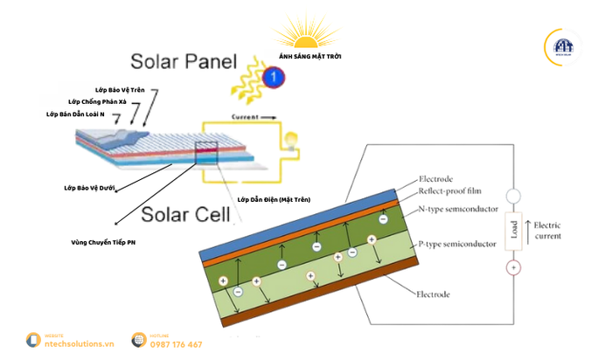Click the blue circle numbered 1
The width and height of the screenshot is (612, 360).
coord(275,78)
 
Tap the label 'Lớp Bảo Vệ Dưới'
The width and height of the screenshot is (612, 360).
coord(90,187)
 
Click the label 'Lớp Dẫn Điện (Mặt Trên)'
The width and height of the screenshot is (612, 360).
coord(274,199)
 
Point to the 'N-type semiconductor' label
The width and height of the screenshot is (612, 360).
coord(459,210)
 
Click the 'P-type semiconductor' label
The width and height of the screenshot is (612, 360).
coord(458,245)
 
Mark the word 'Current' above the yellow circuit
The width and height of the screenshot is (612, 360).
coord(247,115)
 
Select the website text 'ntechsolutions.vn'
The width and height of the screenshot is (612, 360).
coord(80,344)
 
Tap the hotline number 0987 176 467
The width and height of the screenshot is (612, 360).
coord(176,344)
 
